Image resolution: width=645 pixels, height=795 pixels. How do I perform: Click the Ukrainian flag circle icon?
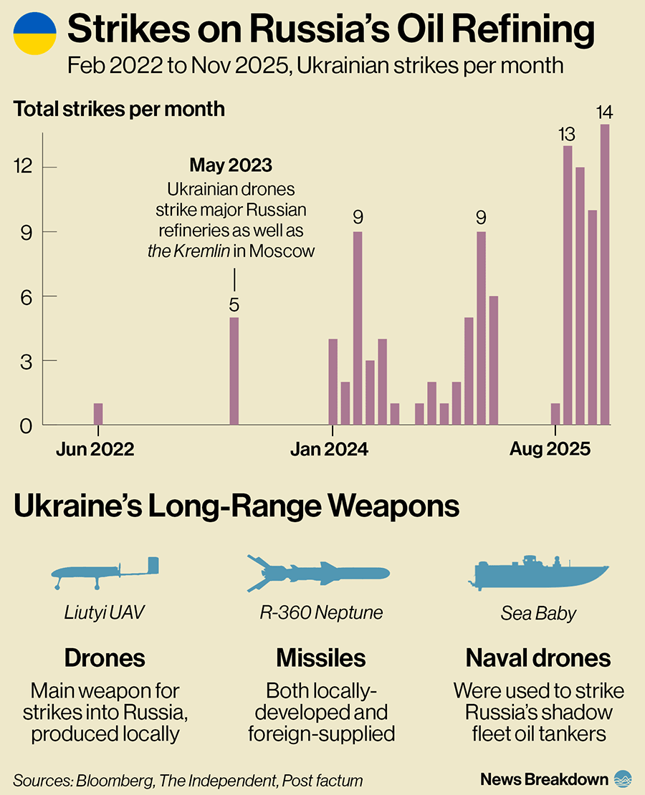(x=34, y=34)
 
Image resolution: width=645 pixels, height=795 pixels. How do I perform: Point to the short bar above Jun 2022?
(x=98, y=414)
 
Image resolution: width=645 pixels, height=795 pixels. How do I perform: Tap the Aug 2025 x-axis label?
(x=550, y=449)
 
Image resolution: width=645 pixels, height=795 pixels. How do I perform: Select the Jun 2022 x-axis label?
(x=95, y=449)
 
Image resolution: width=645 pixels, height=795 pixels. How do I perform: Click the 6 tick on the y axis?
(x=27, y=296)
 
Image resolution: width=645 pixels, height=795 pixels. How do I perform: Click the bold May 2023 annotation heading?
(x=231, y=165)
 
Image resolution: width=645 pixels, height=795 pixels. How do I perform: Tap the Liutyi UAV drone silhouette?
(x=105, y=572)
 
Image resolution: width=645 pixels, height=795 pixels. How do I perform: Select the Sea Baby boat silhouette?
(x=540, y=572)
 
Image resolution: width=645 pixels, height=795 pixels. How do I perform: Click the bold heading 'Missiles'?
(x=321, y=657)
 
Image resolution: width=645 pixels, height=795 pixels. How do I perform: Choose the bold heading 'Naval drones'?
(x=538, y=657)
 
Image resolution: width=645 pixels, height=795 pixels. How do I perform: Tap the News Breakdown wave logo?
(x=623, y=779)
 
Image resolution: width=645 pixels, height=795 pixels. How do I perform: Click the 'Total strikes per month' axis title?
(x=119, y=110)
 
